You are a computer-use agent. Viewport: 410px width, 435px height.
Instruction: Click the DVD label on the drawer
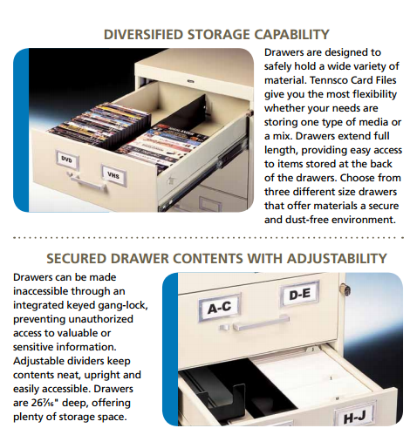coord(67,160)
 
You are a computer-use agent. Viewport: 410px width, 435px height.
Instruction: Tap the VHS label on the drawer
coord(113,174)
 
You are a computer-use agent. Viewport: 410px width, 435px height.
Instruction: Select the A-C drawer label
coord(220,308)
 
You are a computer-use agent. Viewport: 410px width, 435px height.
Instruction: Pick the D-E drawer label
coord(300,295)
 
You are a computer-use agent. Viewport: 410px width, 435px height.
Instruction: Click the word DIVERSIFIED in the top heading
coord(143,35)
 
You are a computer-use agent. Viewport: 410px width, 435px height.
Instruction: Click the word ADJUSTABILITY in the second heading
coord(337,259)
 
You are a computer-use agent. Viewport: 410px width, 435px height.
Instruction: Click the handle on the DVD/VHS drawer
coord(87,182)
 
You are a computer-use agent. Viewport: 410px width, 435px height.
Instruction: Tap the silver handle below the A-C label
coord(261,323)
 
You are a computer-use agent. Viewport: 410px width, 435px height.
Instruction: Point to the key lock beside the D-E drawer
coord(345,289)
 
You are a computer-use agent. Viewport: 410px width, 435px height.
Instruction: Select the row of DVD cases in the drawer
coord(100,126)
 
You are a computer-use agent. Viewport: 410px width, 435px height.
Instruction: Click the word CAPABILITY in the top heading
coord(291,35)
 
